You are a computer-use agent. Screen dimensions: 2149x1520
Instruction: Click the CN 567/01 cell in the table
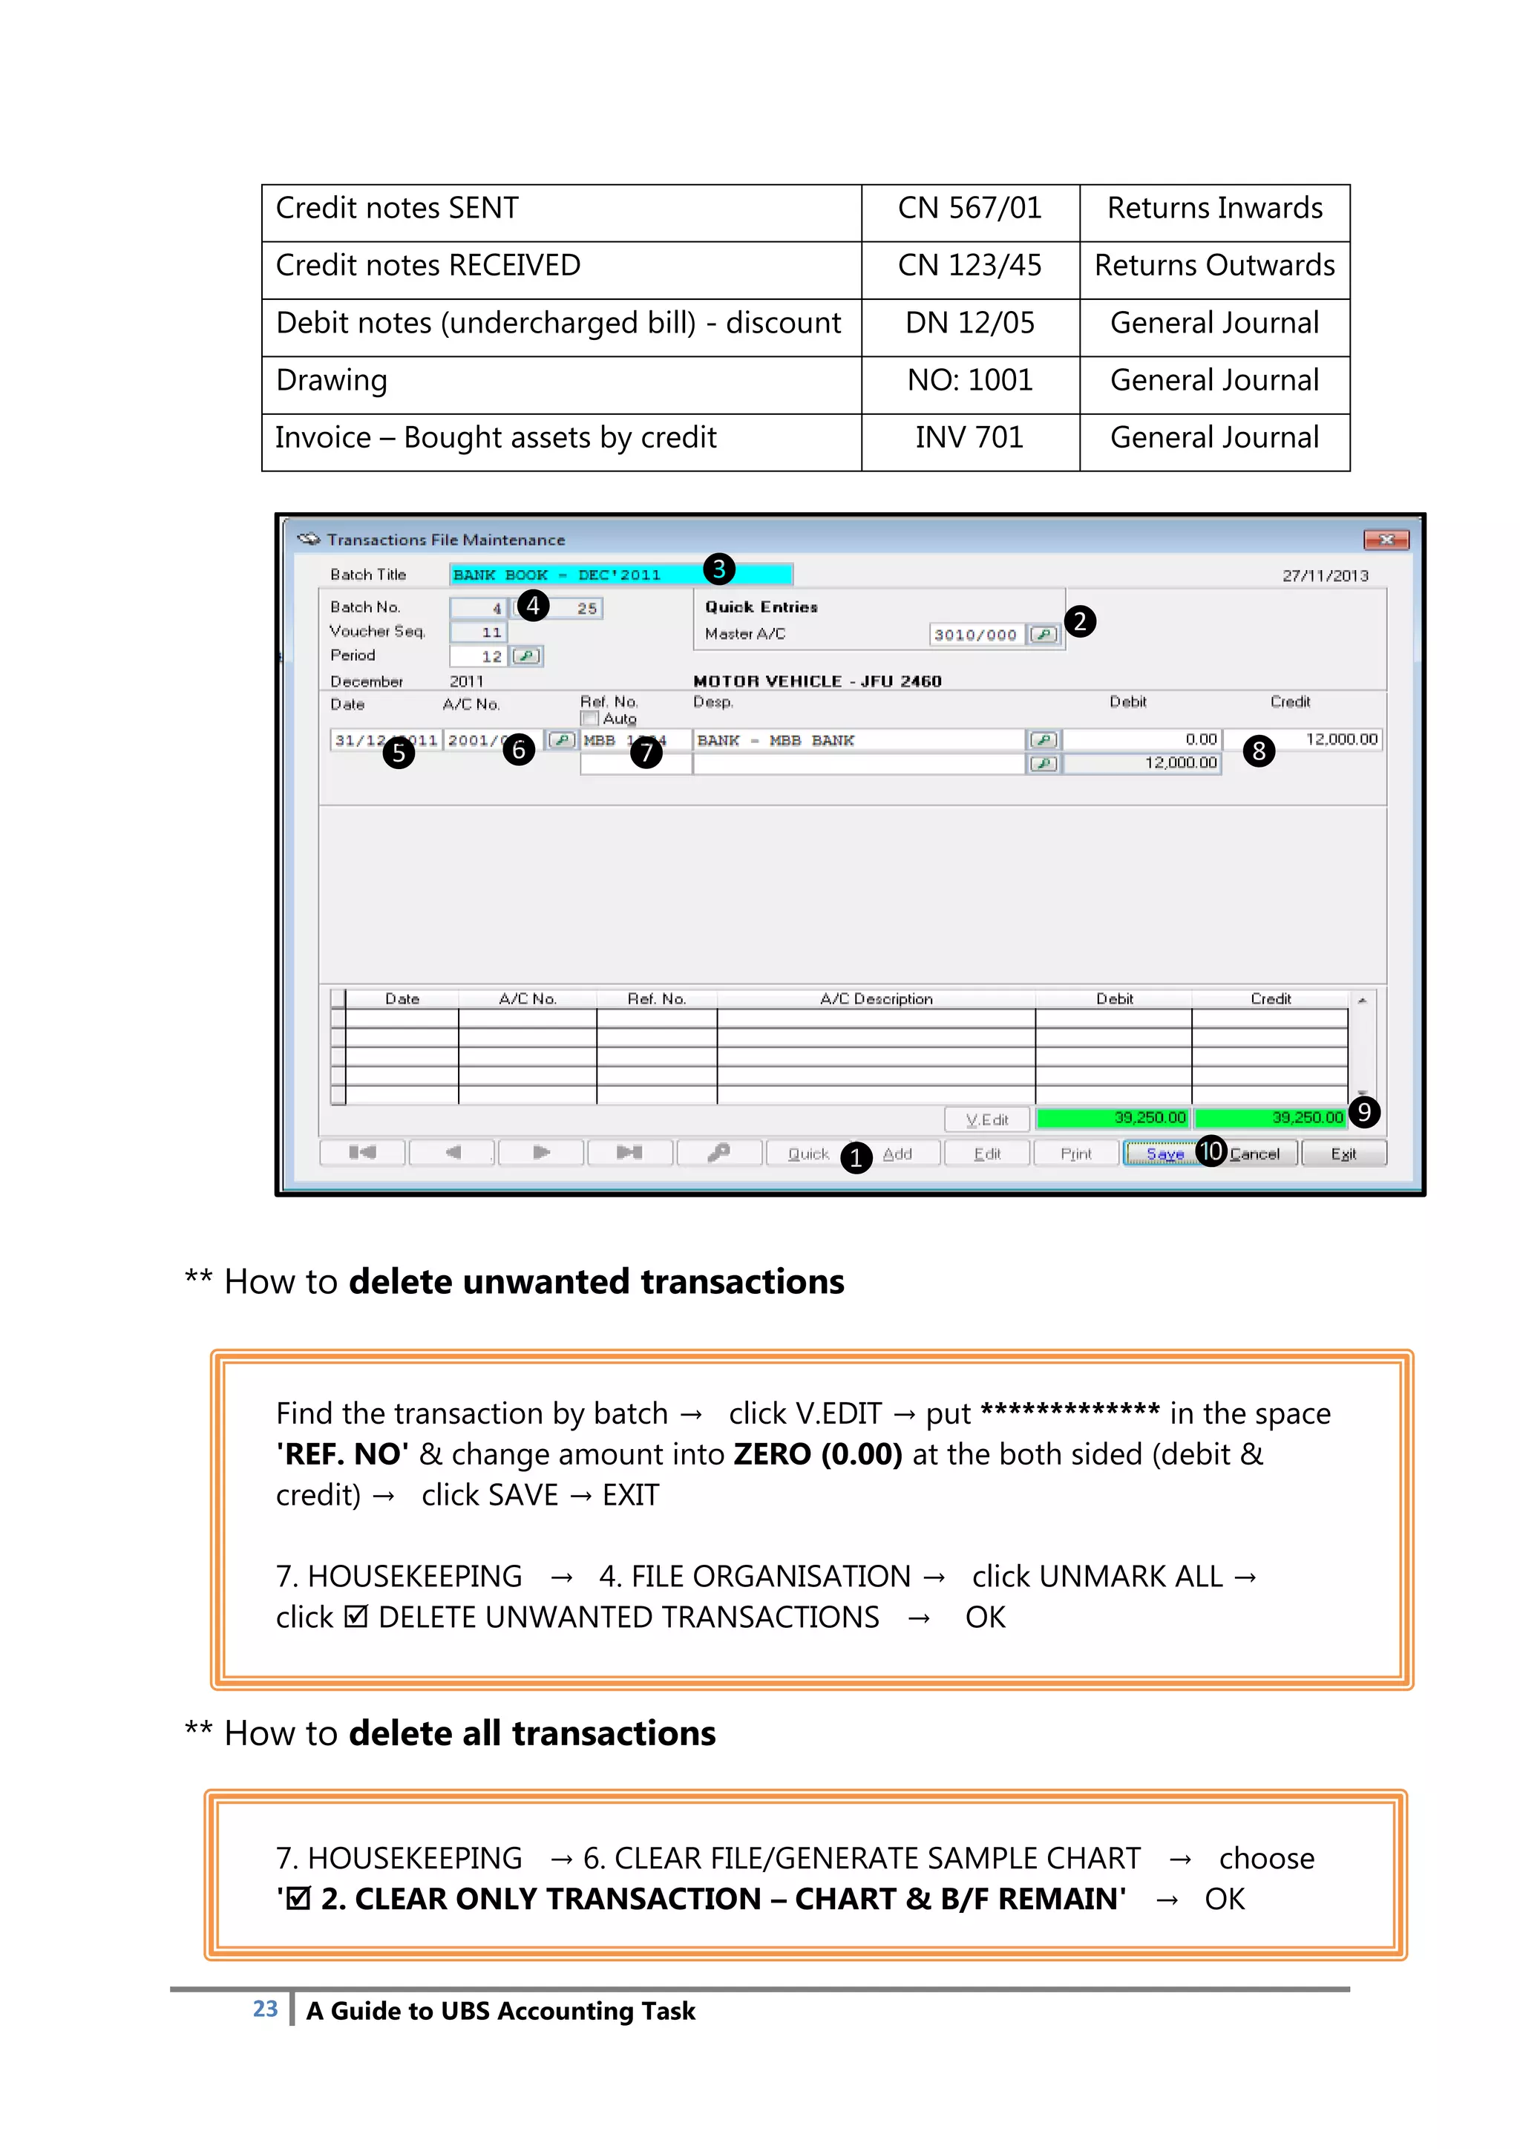pos(969,209)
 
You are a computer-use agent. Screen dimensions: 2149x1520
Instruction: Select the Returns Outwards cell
pos(1214,266)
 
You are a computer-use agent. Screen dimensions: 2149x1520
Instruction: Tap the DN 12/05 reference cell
pos(969,323)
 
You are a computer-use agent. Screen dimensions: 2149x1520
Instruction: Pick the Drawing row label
pos(332,381)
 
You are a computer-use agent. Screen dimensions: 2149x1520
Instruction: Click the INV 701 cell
pos(969,438)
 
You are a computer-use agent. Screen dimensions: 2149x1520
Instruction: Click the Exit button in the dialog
pos(1343,1154)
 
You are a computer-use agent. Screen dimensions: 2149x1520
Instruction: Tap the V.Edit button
pos(986,1119)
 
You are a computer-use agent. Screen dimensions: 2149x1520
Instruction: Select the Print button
pos(1075,1154)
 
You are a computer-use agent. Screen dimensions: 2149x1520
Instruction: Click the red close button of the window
pos(1386,540)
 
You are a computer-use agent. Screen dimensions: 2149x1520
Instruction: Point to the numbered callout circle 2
pos(1080,621)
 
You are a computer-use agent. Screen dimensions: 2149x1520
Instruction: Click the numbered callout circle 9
pos(1363,1112)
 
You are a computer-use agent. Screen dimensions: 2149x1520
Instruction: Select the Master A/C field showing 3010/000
pos(975,635)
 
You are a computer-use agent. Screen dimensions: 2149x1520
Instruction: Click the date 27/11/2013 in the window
pos(1324,575)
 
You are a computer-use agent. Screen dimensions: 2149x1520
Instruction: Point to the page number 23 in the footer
pos(265,2009)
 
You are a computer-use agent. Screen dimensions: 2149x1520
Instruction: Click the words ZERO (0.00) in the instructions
pos(817,1454)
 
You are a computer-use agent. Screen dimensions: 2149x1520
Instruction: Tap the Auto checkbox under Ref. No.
pos(589,719)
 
